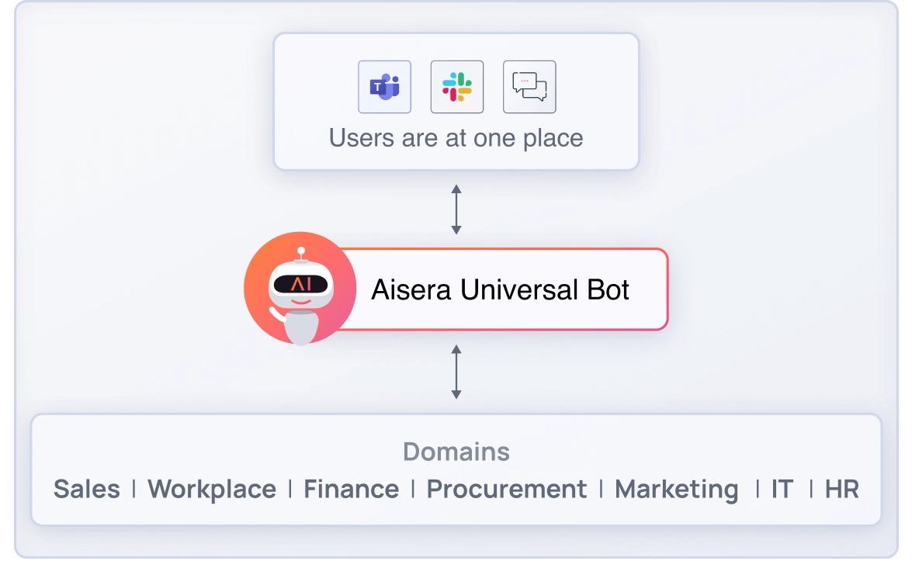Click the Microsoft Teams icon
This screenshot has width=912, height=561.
[384, 87]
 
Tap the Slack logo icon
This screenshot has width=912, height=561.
[457, 87]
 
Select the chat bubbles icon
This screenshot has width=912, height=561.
[529, 87]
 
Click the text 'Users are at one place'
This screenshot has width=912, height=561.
[456, 138]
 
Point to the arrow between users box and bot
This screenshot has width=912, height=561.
[456, 210]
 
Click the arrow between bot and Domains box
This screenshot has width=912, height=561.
[456, 372]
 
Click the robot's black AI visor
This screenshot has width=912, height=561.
[300, 285]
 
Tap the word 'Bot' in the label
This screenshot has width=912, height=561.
[607, 289]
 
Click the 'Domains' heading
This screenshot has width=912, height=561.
[456, 452]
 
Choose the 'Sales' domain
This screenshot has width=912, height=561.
[87, 490]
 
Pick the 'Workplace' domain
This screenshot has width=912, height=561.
[212, 490]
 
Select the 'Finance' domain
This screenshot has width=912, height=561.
[351, 490]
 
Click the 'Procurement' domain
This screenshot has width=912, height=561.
[507, 490]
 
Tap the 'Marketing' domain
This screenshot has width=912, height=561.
[676, 490]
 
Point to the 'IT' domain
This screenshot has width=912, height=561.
[782, 490]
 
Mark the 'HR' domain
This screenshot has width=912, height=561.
[842, 490]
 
